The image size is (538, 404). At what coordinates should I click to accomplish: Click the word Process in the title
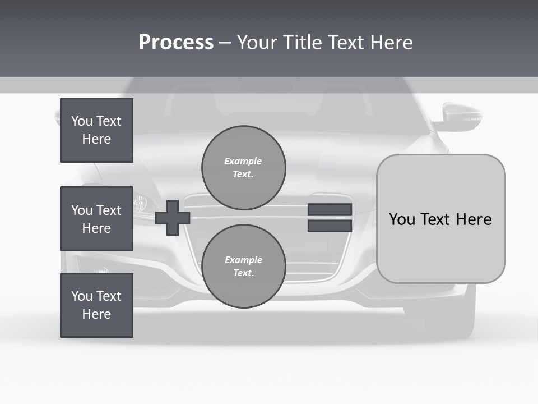click(x=176, y=43)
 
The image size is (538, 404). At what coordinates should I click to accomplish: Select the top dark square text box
click(x=96, y=130)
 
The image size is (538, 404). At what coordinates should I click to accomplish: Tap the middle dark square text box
click(x=96, y=219)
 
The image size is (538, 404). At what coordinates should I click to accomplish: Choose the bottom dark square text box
click(x=96, y=305)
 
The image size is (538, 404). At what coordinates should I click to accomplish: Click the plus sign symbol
click(x=173, y=217)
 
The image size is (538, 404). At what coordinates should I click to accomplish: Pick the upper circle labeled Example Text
click(x=244, y=168)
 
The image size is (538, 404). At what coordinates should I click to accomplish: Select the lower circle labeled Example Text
click(x=244, y=267)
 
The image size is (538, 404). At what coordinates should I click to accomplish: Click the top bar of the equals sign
click(x=330, y=209)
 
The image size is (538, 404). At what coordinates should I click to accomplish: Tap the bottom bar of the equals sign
click(x=330, y=226)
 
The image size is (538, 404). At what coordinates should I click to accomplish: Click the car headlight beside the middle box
click(x=141, y=201)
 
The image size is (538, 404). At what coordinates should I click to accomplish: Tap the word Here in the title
click(x=391, y=43)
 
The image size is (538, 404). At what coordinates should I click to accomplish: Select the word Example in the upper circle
click(x=243, y=161)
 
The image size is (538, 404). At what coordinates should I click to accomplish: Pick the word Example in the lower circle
click(x=243, y=260)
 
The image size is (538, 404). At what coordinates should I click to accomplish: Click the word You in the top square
click(x=82, y=121)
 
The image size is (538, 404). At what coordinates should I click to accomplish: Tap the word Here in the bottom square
click(x=96, y=314)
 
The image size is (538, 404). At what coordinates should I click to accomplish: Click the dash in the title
click(x=225, y=43)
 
